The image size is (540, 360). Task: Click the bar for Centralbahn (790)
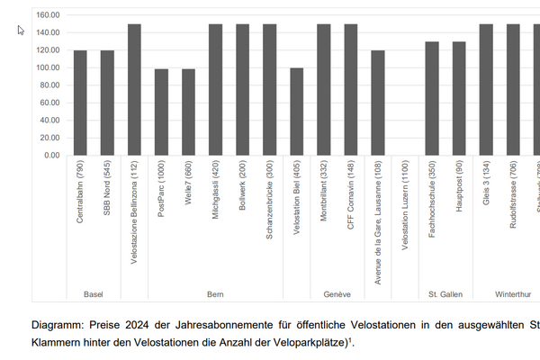80,103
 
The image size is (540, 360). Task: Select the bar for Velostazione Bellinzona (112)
134,90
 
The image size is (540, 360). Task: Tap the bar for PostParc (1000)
161,112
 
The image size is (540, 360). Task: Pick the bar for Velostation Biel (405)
296,112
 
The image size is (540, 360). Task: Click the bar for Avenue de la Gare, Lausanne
378,103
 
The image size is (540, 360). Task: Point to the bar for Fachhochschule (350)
432,98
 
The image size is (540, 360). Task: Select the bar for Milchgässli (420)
215,90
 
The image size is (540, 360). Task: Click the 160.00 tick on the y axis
47,15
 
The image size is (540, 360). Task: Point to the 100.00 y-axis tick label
47,67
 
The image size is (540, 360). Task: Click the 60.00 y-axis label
49,103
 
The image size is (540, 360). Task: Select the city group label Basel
94,294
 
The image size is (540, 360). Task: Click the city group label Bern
215,294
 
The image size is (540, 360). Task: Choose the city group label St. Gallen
445,294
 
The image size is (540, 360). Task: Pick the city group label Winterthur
513,294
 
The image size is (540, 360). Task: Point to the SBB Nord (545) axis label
107,189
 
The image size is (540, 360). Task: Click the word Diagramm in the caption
58,325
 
